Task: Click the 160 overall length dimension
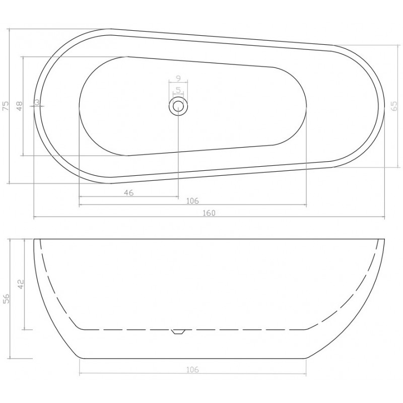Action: [x=209, y=213]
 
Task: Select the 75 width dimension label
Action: [x=6, y=106]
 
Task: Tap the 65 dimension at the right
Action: [x=394, y=106]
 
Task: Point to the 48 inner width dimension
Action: [x=20, y=106]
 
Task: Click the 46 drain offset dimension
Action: [x=129, y=192]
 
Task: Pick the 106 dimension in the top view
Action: [x=192, y=200]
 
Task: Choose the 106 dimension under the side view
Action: [x=192, y=370]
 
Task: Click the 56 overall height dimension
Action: [x=6, y=298]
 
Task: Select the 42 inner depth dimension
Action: [x=21, y=284]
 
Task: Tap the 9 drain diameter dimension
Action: [x=178, y=78]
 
